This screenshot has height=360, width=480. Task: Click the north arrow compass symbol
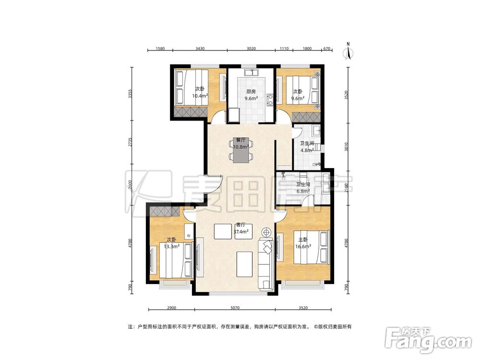tap(348, 51)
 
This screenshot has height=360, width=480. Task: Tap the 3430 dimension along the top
tap(200, 48)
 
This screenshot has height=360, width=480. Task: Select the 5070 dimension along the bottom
tap(235, 308)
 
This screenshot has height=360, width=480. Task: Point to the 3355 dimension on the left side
tap(131, 94)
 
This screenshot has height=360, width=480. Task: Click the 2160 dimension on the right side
tap(347, 187)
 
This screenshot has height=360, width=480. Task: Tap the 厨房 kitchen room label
tap(251, 92)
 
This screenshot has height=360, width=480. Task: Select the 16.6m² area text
tap(303, 246)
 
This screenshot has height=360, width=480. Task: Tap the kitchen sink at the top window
tap(251, 73)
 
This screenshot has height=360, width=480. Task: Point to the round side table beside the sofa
tap(266, 232)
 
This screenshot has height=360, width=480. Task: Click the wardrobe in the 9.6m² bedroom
tap(306, 117)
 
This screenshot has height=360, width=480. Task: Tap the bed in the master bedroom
tap(312, 247)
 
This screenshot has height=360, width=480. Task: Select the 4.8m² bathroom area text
tap(307, 150)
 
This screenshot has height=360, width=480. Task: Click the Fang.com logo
tap(428, 339)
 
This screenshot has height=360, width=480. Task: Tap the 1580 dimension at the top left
tap(160, 48)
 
